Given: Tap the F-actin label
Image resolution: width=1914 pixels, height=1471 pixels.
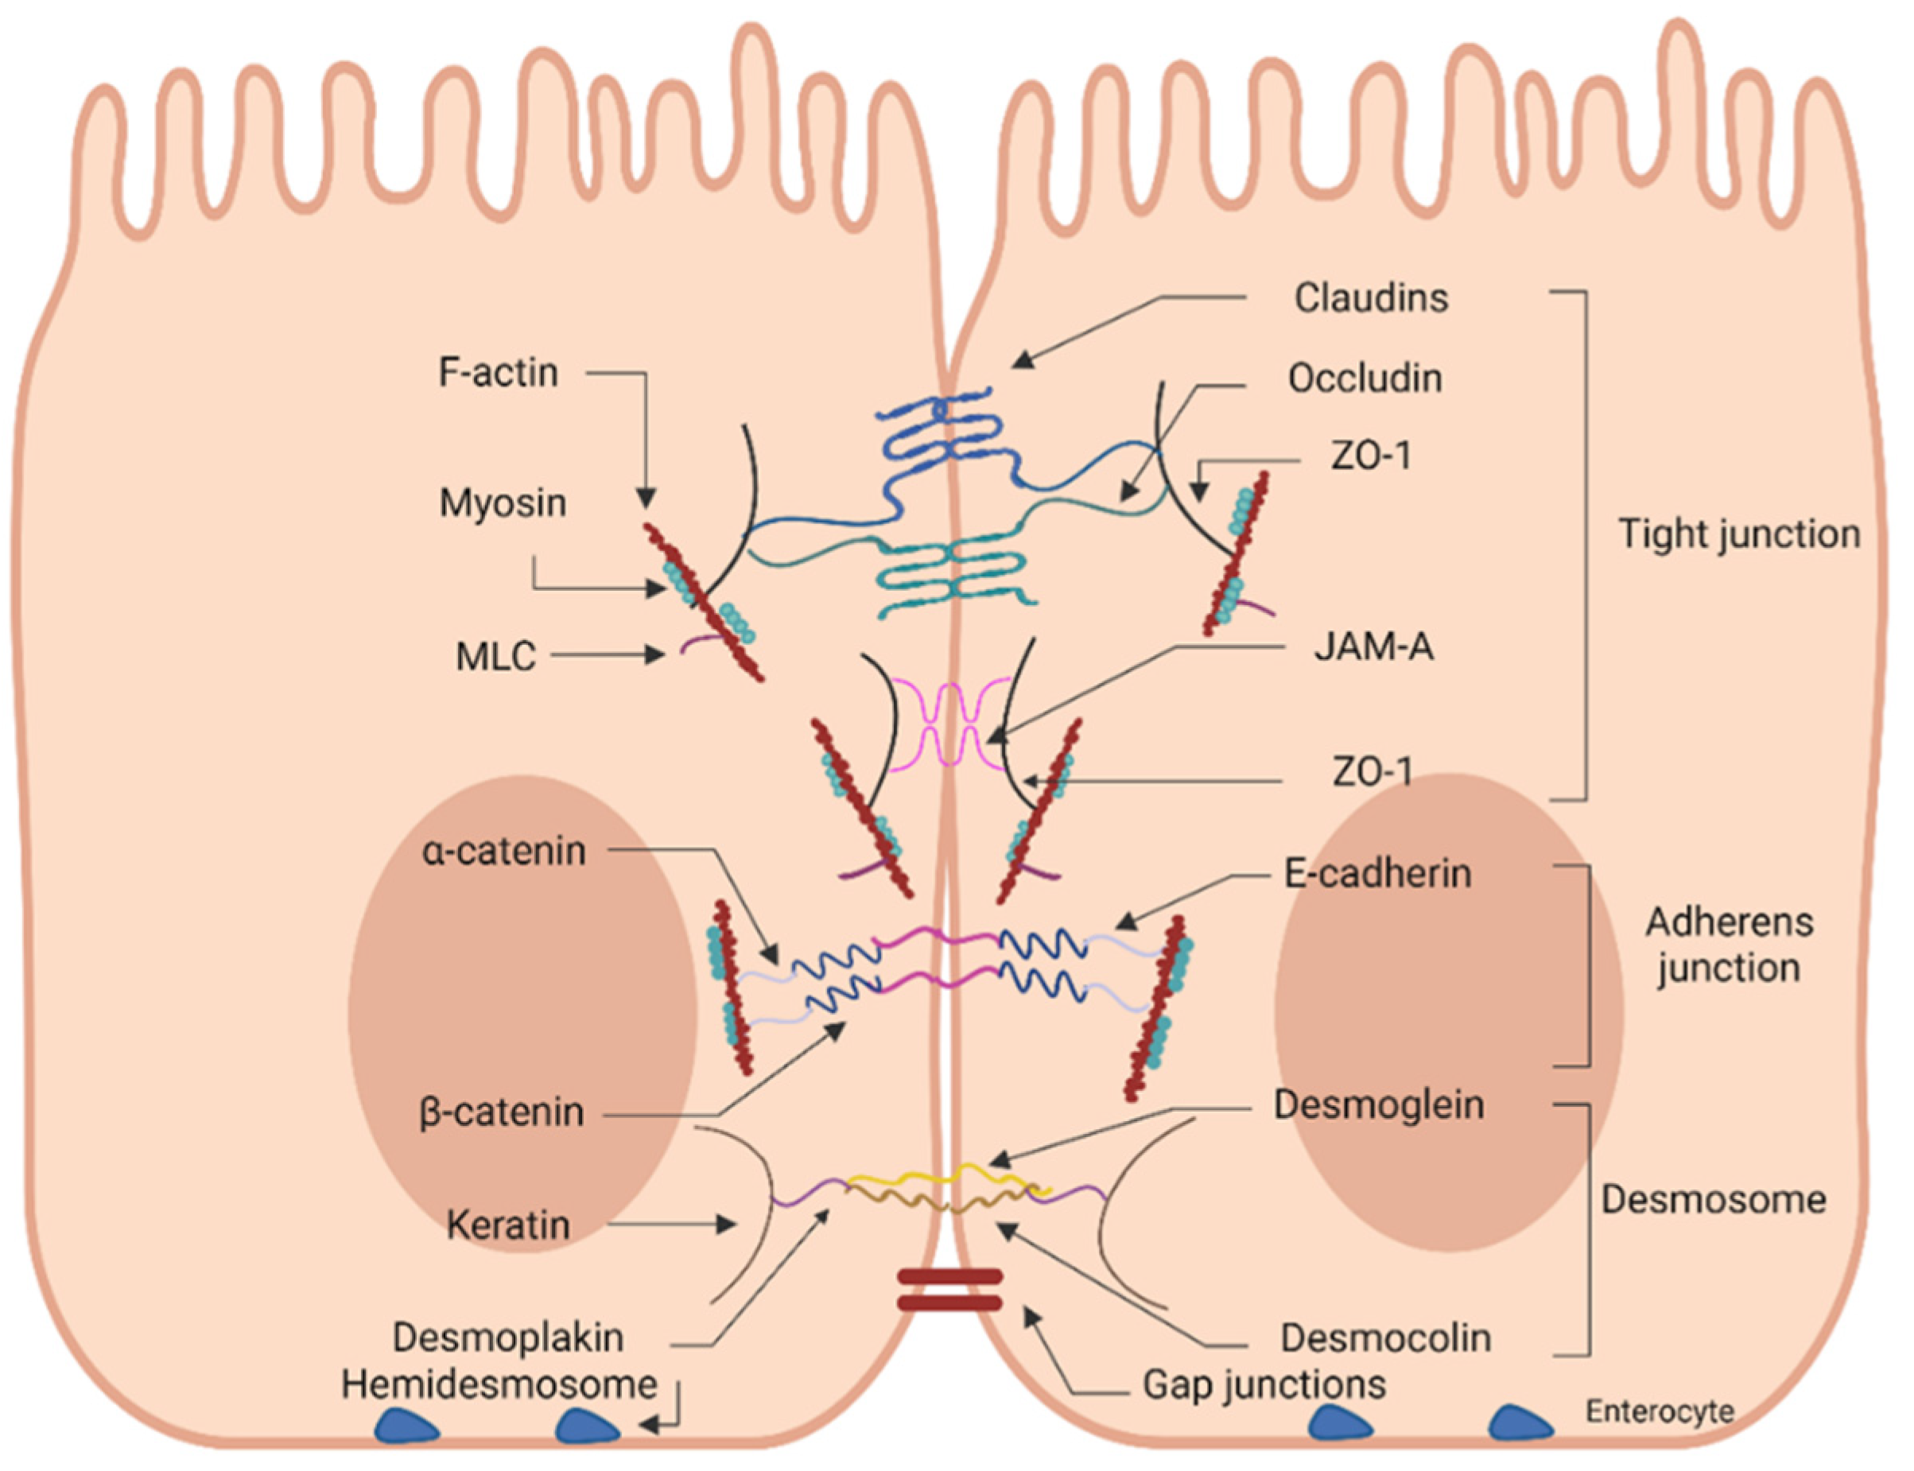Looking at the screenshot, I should coord(497,373).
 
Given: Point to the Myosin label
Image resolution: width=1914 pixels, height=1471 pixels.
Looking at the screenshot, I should coord(502,503).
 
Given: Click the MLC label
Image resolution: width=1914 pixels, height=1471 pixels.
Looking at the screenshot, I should coord(495,657).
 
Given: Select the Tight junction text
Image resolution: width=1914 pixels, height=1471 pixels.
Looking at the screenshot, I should coord(1738,534).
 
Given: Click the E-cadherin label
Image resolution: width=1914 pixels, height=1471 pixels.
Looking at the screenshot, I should coord(1376,874).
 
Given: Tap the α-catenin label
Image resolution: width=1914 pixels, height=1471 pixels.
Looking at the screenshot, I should coord(503,851).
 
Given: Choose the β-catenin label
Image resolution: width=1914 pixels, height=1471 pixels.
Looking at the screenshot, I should coord(502,1113).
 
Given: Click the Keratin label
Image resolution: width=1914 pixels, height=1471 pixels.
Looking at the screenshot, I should coord(508,1224).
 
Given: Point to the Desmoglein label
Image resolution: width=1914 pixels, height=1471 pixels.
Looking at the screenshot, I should coord(1377,1105).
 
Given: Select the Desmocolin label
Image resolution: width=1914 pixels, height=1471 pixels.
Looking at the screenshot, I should coord(1384,1337).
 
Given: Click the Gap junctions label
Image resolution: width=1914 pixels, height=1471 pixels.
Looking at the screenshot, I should coord(1264,1384).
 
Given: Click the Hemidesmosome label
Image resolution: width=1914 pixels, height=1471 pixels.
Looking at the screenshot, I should coord(499,1384).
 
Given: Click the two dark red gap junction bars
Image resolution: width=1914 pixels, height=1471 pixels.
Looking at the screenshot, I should coord(949,1290).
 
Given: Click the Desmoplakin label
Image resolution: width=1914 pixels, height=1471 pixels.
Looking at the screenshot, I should coord(508,1337).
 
